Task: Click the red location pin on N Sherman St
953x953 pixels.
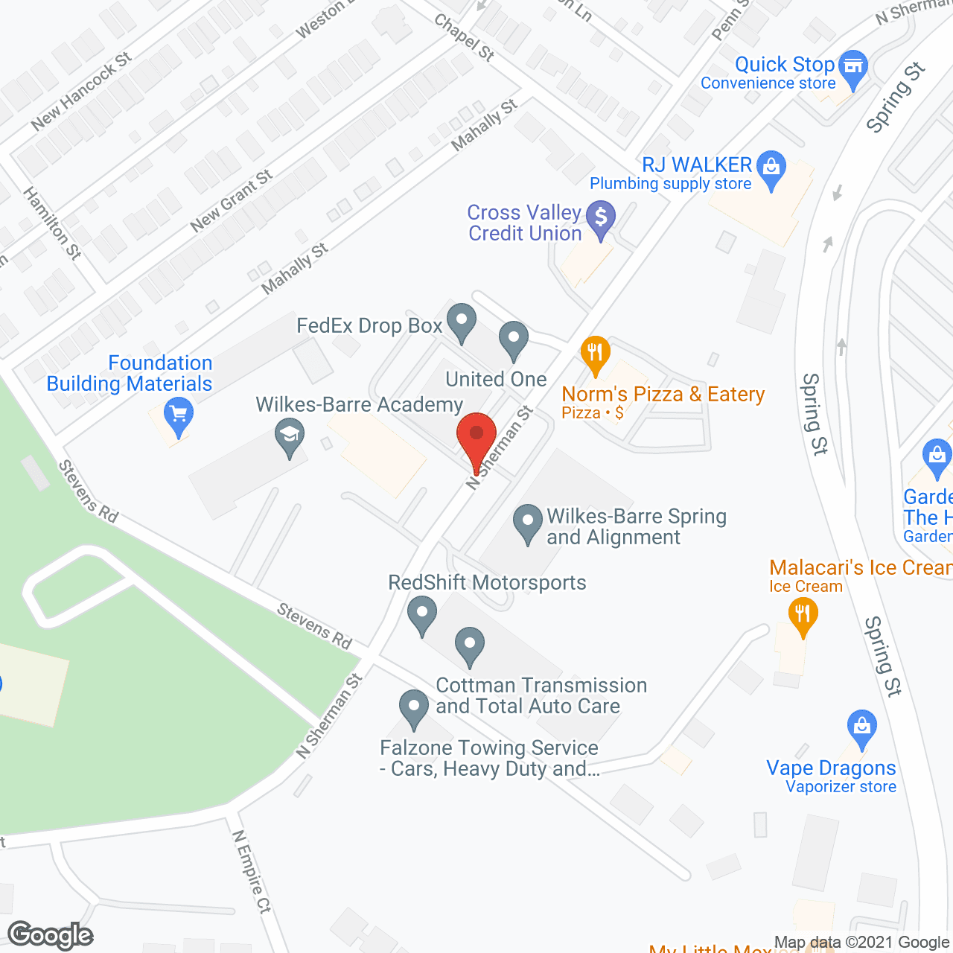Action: click(476, 435)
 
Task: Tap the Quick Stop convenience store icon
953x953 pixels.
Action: click(853, 66)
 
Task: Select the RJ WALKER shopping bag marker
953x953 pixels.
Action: click(771, 167)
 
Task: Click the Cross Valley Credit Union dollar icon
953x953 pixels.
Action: click(601, 218)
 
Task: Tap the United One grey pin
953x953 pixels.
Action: click(513, 339)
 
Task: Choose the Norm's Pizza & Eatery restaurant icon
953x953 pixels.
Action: click(595, 353)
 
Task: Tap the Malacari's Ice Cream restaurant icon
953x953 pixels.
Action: click(803, 616)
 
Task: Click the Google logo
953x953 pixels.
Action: click(51, 935)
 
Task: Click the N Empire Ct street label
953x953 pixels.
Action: click(252, 871)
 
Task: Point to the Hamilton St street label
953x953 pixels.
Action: click(52, 223)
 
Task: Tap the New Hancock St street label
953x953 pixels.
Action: click(82, 92)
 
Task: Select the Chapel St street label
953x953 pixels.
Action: click(465, 37)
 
